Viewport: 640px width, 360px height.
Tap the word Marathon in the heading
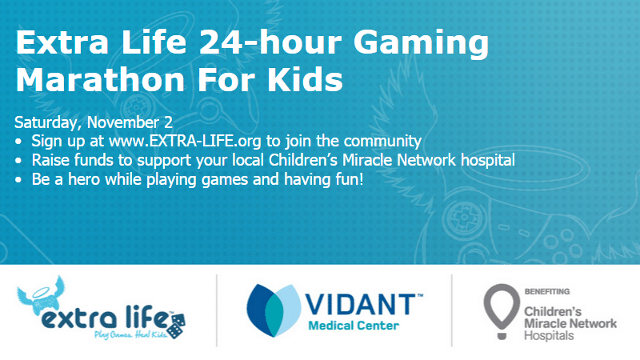[101, 79]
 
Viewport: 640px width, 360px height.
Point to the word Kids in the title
[305, 79]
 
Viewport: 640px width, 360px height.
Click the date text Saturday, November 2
[94, 122]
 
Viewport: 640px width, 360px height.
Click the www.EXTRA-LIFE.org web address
[185, 142]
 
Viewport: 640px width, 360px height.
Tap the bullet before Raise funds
[18, 161]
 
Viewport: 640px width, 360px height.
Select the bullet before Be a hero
[18, 180]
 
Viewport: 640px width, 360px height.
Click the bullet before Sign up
[18, 142]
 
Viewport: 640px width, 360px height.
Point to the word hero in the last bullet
[84, 179]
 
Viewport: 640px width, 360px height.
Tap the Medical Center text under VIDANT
[354, 326]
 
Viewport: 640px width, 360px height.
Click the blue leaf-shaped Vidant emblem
[274, 310]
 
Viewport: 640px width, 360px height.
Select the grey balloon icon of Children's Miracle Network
[502, 311]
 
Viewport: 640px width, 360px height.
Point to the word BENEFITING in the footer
[547, 291]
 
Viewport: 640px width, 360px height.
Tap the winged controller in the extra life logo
[41, 295]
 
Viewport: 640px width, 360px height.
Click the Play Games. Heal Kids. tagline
[130, 335]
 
